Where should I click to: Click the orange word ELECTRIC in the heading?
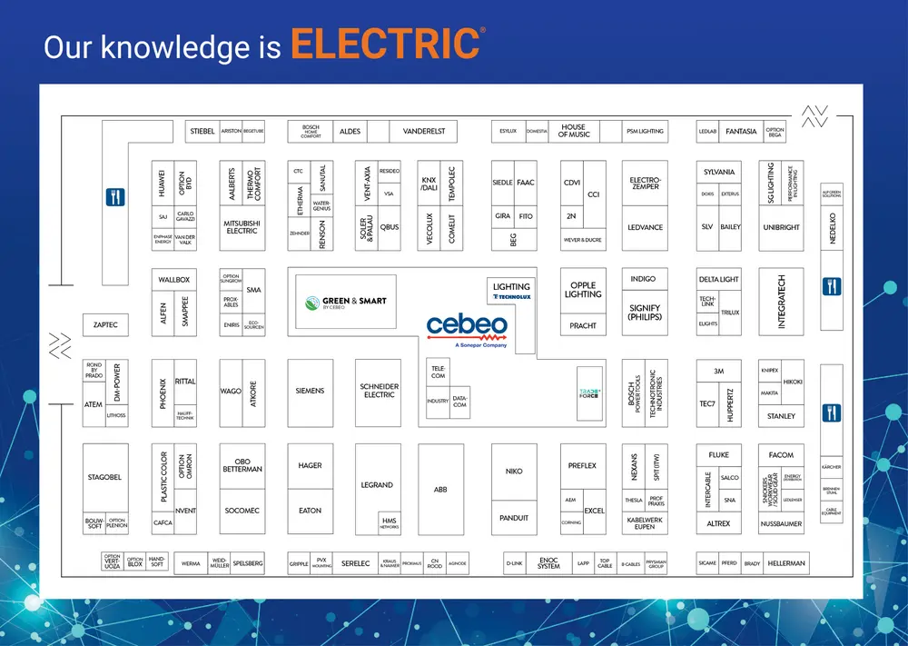(x=386, y=45)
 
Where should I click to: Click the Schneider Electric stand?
(x=379, y=391)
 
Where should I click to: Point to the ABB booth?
(x=440, y=490)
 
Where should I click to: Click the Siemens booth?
(x=310, y=391)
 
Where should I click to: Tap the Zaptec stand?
(x=105, y=324)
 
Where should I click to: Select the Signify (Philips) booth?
(x=645, y=313)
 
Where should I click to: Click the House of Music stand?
(x=573, y=131)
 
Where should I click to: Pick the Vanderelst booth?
(x=424, y=131)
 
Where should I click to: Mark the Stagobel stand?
(x=105, y=477)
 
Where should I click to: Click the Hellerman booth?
(x=785, y=563)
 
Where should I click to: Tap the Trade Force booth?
(x=591, y=393)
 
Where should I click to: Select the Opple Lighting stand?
(x=583, y=290)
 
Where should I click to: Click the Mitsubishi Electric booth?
(x=242, y=227)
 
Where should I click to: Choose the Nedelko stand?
(x=832, y=227)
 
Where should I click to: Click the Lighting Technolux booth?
(x=511, y=291)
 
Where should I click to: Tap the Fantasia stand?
(x=741, y=131)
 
